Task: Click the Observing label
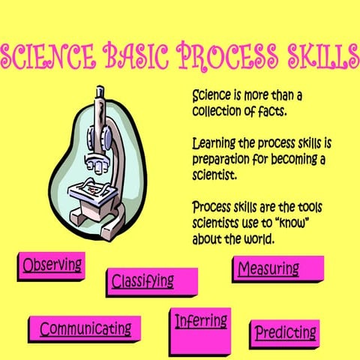coord(52,265)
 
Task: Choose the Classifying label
coord(142,281)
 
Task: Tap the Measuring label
coord(268,268)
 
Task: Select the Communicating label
coord(85,328)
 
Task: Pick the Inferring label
coord(200,321)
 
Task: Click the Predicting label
coord(285,332)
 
